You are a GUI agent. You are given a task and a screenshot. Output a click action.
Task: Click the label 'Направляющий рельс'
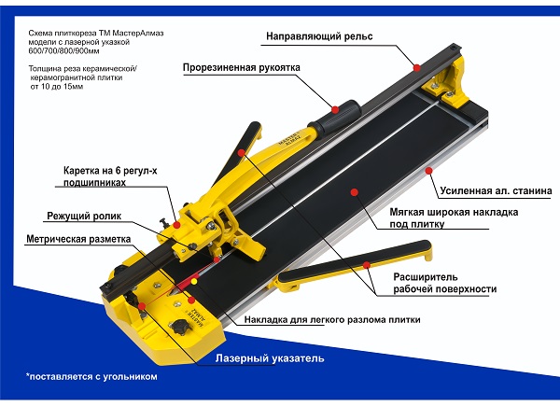319,36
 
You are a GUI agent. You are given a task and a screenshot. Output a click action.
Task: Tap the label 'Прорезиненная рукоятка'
242,68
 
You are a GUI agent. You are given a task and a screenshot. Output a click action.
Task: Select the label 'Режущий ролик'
84,216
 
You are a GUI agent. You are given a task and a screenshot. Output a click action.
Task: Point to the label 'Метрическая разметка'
78,239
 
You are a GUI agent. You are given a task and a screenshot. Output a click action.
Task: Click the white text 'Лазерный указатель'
270,358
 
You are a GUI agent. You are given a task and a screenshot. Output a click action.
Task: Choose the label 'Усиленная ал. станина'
496,191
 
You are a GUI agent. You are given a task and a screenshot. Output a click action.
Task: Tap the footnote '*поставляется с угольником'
91,377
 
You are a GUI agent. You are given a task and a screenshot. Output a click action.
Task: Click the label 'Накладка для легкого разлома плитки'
332,319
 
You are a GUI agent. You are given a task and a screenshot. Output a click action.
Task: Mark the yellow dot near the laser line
194,281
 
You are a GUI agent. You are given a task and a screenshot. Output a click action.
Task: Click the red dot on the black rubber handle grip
335,109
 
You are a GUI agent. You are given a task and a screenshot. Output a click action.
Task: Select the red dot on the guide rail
417,67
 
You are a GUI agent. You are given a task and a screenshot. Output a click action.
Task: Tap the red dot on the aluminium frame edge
429,171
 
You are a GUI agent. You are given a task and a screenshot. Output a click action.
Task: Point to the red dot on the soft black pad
355,192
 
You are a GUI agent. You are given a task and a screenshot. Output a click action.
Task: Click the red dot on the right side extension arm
367,265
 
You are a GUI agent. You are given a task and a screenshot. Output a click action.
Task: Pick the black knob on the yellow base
178,326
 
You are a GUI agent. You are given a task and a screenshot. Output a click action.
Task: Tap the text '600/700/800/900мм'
63,51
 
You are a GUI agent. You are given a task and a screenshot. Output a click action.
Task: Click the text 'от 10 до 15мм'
56,87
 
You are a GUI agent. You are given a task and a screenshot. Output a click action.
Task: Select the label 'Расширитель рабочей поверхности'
444,283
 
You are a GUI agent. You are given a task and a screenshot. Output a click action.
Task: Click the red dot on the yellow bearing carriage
176,225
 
